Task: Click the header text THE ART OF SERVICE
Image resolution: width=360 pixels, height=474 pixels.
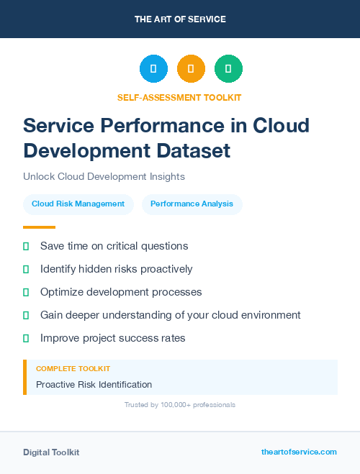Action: pos(180,19)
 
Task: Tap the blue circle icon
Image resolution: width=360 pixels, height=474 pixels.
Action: pos(153,68)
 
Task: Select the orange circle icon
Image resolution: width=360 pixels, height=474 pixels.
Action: pos(191,68)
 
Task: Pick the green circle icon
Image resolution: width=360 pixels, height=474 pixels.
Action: pos(228,68)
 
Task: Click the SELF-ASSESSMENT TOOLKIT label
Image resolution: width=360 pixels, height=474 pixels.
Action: pos(179,97)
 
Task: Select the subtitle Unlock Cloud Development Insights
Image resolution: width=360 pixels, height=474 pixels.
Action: pos(104,176)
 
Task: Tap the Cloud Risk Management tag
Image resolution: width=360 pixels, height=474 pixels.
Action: pos(78,204)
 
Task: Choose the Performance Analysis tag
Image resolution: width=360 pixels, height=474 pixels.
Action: pos(192,204)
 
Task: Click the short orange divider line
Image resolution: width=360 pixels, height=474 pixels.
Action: pos(39,227)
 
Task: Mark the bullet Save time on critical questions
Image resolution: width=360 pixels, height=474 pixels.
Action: pos(114,246)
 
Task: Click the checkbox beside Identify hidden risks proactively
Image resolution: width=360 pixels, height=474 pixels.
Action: pos(26,269)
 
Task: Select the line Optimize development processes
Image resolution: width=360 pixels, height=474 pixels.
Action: pos(121,292)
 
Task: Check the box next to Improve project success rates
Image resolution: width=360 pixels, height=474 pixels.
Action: pos(26,338)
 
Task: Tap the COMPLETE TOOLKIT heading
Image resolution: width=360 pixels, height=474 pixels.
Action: pos(73,368)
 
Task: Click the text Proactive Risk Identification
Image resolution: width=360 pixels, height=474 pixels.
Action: pos(94,384)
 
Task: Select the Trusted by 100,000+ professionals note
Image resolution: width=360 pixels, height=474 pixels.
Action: pos(179,405)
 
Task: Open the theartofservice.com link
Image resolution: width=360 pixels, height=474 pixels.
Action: pos(299,452)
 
